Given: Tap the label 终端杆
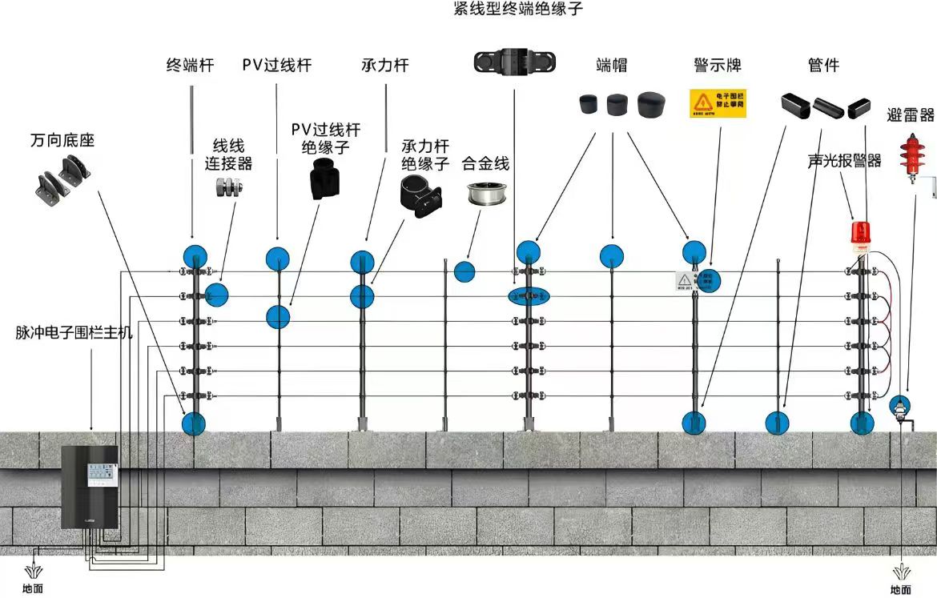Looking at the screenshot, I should click(190, 66).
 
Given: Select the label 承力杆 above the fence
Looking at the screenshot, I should click(384, 66).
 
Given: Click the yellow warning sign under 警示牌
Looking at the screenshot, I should click(718, 103).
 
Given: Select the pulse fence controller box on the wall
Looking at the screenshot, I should click(90, 486).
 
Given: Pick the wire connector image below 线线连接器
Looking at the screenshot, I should click(230, 188).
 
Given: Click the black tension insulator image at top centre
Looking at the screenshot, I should click(513, 62).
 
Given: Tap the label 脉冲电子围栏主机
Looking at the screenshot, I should click(74, 332).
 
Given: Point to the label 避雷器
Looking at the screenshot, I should click(911, 116).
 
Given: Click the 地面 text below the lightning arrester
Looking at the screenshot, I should click(901, 589).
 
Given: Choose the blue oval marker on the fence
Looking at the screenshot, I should click(529, 296).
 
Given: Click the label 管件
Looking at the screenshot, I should click(823, 66).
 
